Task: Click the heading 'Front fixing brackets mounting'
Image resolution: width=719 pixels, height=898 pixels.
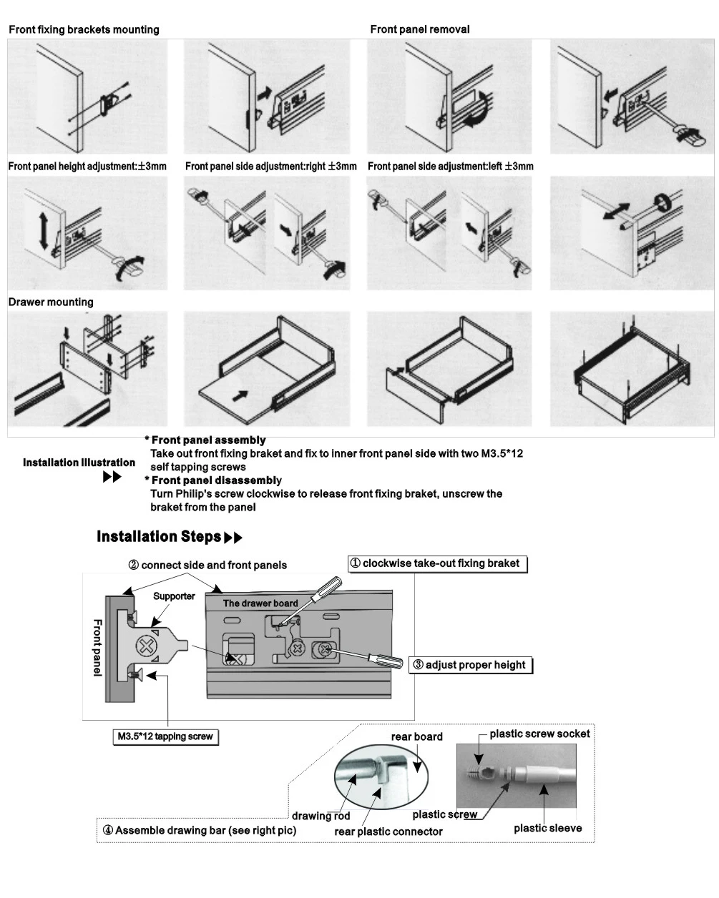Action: (84, 29)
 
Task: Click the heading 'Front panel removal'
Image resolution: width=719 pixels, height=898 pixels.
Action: (420, 29)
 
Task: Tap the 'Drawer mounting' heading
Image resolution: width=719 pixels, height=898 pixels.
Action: (51, 302)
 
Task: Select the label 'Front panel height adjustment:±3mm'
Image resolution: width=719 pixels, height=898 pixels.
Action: (87, 166)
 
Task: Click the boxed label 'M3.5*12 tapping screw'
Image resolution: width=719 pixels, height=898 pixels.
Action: (165, 736)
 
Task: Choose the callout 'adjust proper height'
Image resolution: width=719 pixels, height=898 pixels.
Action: (471, 665)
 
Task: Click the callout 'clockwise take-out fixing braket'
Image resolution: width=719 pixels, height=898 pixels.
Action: (437, 563)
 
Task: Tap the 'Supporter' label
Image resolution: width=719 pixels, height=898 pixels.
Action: (174, 596)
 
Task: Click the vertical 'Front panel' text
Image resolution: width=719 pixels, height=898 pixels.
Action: (97, 648)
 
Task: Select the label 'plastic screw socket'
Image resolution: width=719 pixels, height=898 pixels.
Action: (539, 734)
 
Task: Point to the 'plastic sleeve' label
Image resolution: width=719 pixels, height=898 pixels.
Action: (547, 828)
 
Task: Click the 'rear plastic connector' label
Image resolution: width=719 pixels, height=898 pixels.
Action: (388, 832)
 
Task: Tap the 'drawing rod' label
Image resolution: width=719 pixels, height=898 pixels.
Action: (321, 816)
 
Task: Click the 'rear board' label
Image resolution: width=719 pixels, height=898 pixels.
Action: (416, 736)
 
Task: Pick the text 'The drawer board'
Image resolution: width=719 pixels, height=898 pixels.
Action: (260, 603)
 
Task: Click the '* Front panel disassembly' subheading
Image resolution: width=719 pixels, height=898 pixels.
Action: (213, 480)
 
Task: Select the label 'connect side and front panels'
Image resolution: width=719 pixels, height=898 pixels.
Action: (207, 565)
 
